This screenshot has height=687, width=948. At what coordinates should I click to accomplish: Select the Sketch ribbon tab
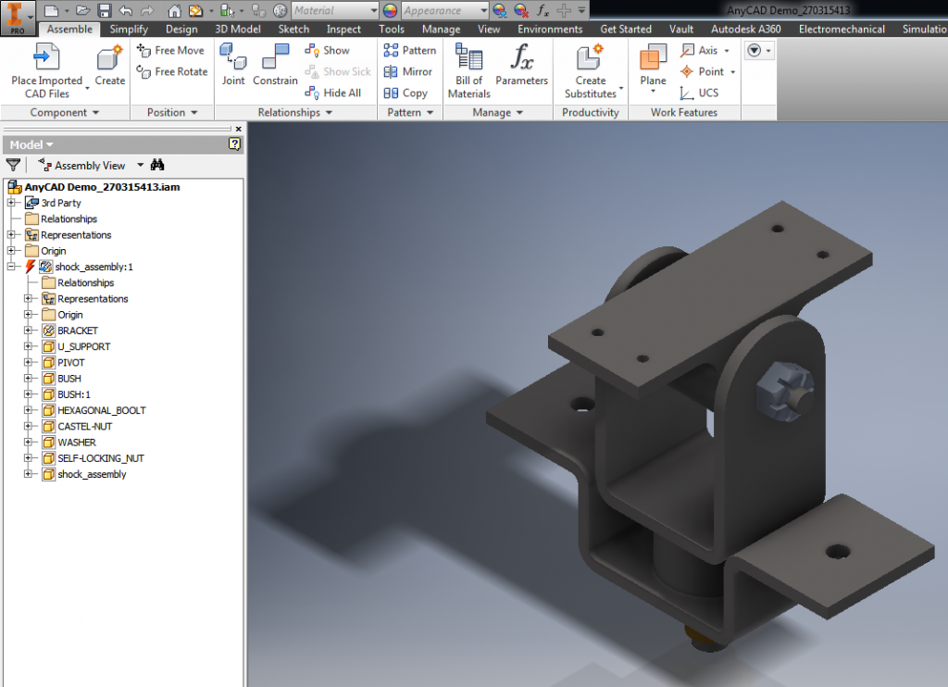293,30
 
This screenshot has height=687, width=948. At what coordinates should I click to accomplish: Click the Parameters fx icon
521,60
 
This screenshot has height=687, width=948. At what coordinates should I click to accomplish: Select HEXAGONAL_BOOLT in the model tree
101,410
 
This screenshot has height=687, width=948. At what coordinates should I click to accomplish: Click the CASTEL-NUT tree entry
84,426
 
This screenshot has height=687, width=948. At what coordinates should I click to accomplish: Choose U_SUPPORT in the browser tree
83,346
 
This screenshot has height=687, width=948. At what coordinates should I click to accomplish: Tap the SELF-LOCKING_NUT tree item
100,458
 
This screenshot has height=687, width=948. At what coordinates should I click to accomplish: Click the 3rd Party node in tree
60,203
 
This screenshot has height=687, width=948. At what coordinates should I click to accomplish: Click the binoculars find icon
157,165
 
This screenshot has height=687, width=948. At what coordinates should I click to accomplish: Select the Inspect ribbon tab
343,30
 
